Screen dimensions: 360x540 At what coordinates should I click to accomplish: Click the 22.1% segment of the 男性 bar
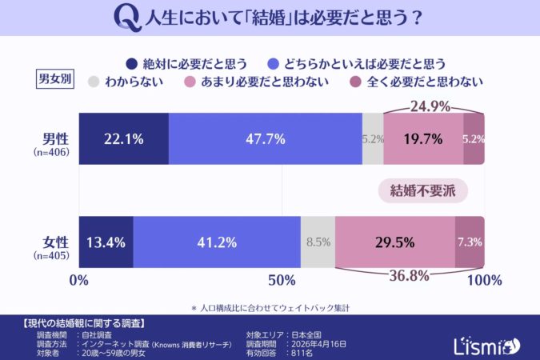(123, 138)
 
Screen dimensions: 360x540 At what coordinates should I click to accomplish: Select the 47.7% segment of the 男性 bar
(265, 138)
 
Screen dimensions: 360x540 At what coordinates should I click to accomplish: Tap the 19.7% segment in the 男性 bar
(423, 138)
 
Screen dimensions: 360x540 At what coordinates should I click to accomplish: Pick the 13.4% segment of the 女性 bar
(106, 242)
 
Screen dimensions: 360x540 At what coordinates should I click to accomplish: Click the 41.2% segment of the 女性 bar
(216, 242)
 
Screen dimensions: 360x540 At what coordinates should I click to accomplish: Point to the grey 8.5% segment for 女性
(318, 242)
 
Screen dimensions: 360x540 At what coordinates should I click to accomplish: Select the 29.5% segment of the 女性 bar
(395, 242)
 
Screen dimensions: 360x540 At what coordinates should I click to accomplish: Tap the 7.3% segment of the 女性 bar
(470, 242)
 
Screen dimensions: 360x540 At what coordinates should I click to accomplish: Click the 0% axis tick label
(79, 280)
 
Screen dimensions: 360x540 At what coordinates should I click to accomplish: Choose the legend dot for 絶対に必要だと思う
(131, 63)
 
